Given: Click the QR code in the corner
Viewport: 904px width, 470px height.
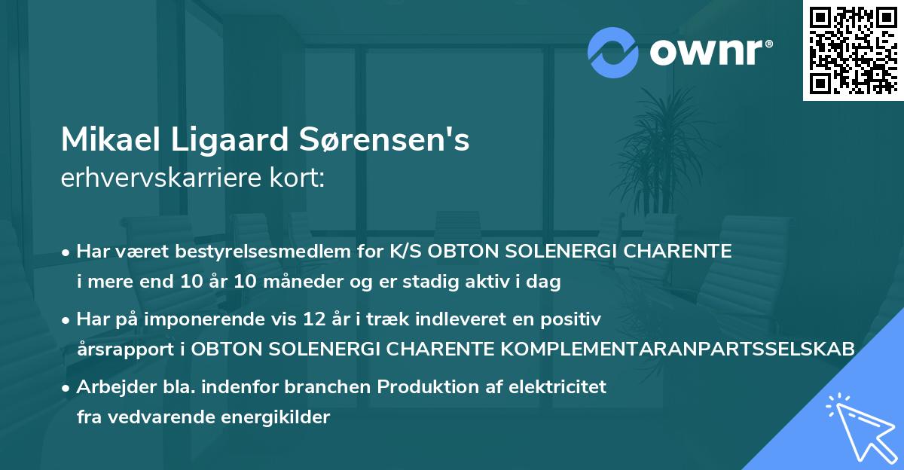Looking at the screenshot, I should point(854,50).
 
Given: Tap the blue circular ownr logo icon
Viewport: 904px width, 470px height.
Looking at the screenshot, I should point(612,52).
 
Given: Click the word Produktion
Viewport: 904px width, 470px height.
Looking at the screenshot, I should point(427,387).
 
